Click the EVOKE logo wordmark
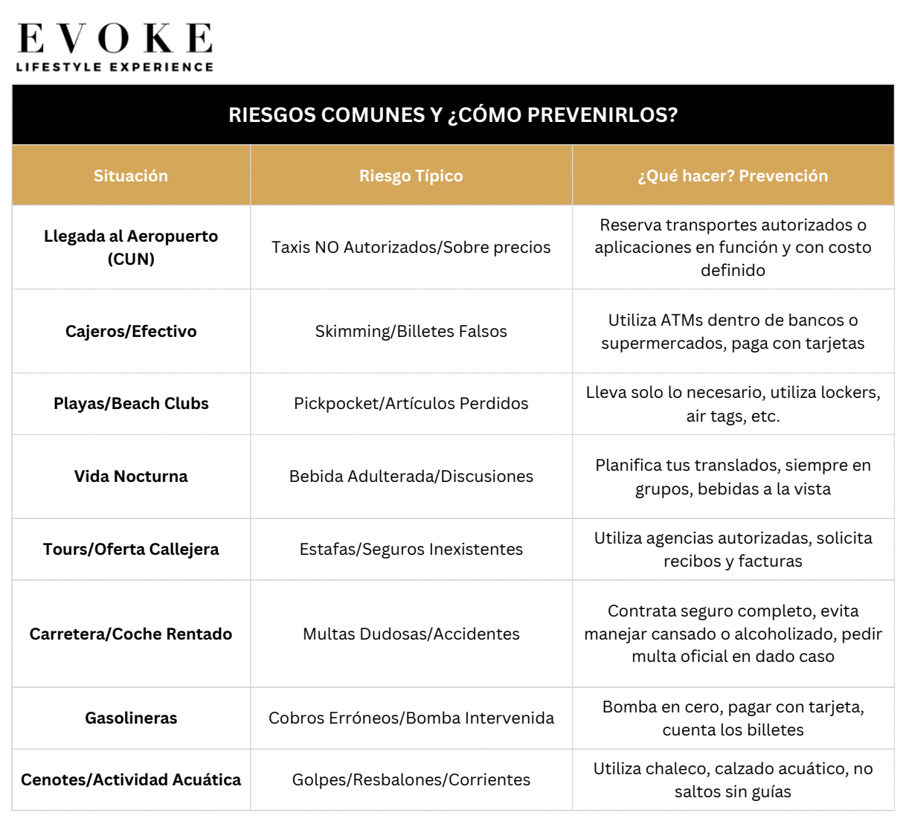(x=115, y=38)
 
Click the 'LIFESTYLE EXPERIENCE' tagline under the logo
(x=115, y=67)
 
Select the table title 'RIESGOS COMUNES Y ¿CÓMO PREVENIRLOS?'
(x=453, y=115)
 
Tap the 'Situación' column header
(x=131, y=176)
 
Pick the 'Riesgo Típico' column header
(x=411, y=176)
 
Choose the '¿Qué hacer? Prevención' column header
(x=733, y=176)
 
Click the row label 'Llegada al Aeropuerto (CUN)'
(x=131, y=248)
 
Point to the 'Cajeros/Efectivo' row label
(x=131, y=332)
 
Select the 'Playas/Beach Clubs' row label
(x=131, y=404)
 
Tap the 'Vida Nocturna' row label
(x=131, y=477)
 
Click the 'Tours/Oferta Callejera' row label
(x=131, y=550)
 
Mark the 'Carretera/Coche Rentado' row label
(x=131, y=634)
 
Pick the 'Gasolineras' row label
(x=131, y=718)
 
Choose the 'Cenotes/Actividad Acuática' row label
(x=131, y=780)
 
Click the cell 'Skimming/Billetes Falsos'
(x=411, y=332)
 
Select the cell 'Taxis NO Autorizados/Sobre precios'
(x=411, y=248)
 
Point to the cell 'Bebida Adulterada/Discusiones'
(x=411, y=477)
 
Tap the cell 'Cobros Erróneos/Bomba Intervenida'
(x=411, y=718)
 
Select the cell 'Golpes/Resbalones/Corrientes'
(x=411, y=780)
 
